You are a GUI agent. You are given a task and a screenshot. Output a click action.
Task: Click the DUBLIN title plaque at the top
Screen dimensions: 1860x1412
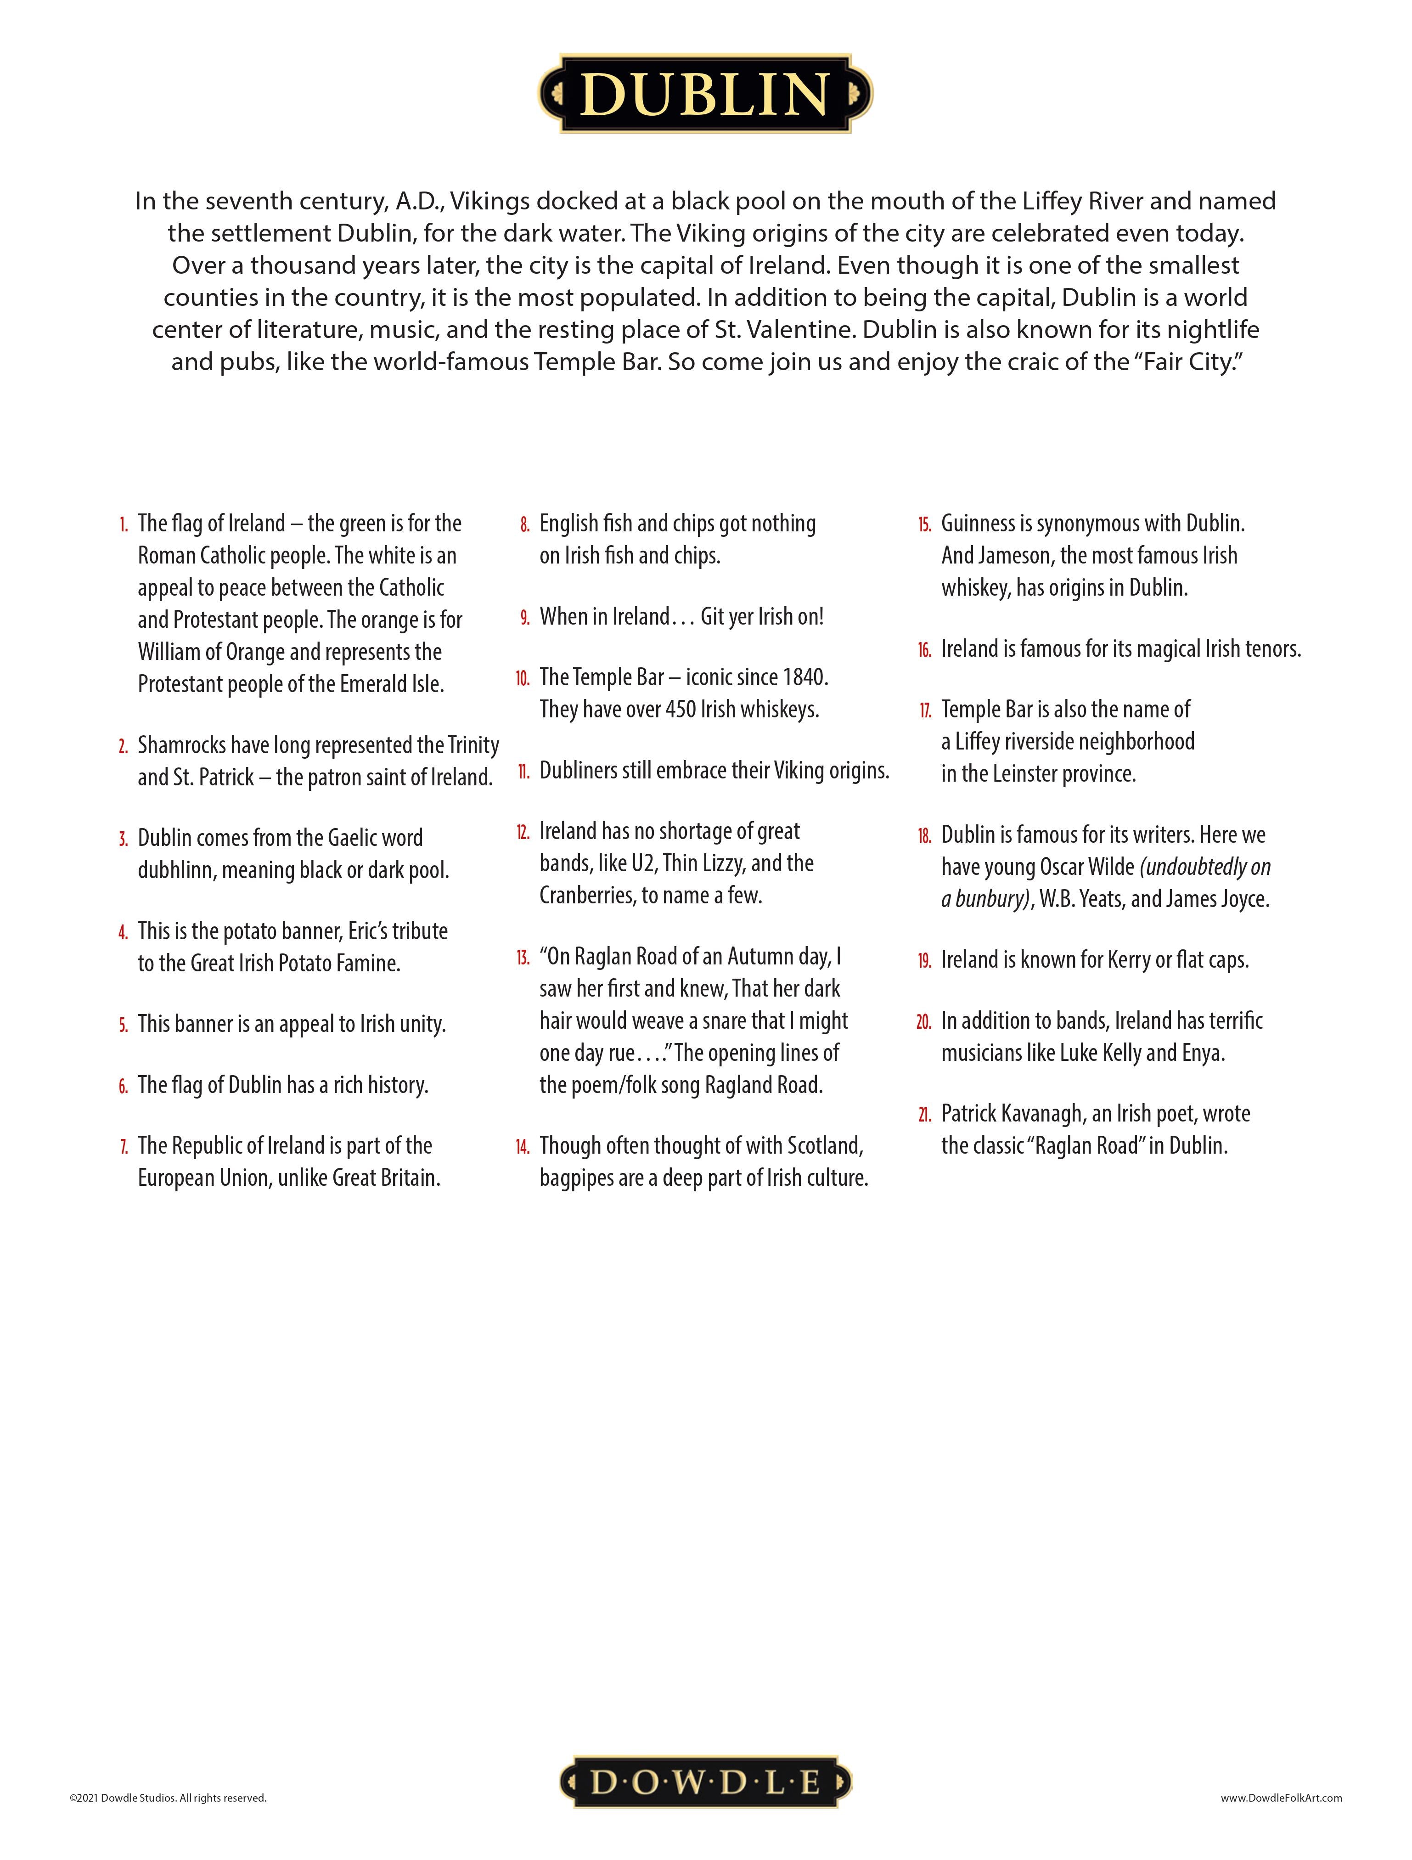tap(705, 93)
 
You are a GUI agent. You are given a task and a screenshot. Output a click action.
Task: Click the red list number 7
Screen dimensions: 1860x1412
tap(124, 1147)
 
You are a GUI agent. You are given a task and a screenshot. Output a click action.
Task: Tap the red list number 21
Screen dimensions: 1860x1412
tap(924, 1115)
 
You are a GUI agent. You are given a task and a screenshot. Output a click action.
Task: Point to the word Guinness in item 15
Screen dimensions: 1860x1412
tap(977, 524)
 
